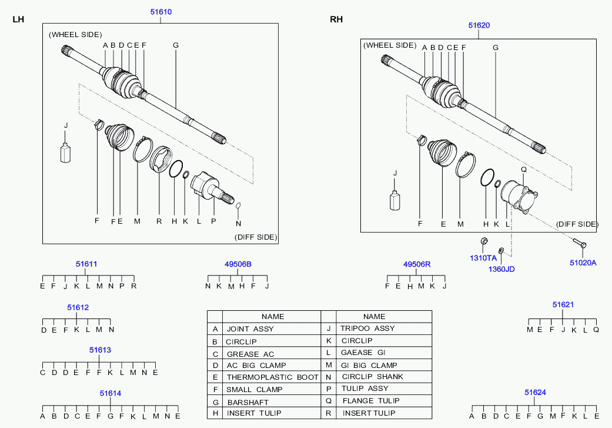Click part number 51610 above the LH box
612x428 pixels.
click(161, 12)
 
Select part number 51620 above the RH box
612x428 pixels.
click(479, 25)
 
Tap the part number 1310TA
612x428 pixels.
click(483, 258)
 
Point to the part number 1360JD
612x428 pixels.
click(501, 269)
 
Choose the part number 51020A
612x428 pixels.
click(583, 263)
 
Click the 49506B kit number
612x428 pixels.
click(238, 264)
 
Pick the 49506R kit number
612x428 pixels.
click(417, 264)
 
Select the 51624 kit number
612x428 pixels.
click(535, 393)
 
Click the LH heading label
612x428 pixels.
click(18, 19)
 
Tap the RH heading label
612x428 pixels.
click(336, 19)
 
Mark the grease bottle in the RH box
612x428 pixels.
click(395, 200)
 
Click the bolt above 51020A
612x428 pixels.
click(580, 243)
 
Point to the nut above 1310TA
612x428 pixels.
click(484, 240)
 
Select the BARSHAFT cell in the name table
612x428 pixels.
click(248, 402)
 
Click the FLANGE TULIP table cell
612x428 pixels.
click(371, 401)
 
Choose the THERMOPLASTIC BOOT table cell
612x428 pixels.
click(272, 377)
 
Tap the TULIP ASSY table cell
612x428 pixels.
click(365, 389)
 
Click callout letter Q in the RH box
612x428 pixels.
click(524, 170)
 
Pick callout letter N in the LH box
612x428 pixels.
click(239, 224)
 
